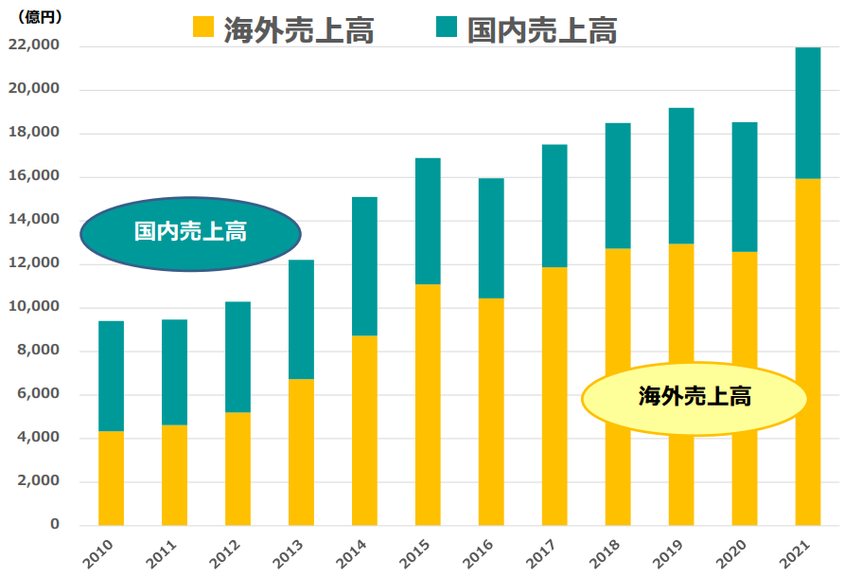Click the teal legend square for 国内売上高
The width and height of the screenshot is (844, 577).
[x=447, y=27]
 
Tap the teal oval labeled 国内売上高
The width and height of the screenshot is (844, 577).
[x=190, y=233]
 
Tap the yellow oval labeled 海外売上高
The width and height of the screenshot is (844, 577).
[x=694, y=397]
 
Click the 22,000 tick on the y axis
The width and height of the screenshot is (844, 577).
[x=34, y=45]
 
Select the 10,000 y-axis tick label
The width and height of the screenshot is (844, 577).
[x=34, y=307]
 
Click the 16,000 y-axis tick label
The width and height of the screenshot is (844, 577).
[x=34, y=176]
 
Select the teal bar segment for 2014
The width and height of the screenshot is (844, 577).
[x=364, y=266]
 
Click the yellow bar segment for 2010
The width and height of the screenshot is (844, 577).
[x=111, y=478]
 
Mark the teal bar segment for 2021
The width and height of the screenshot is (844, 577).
[x=807, y=113]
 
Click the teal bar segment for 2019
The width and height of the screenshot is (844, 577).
[x=680, y=176]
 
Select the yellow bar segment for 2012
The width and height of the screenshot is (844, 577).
[x=237, y=468]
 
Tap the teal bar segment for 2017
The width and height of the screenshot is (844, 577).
[x=554, y=206]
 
